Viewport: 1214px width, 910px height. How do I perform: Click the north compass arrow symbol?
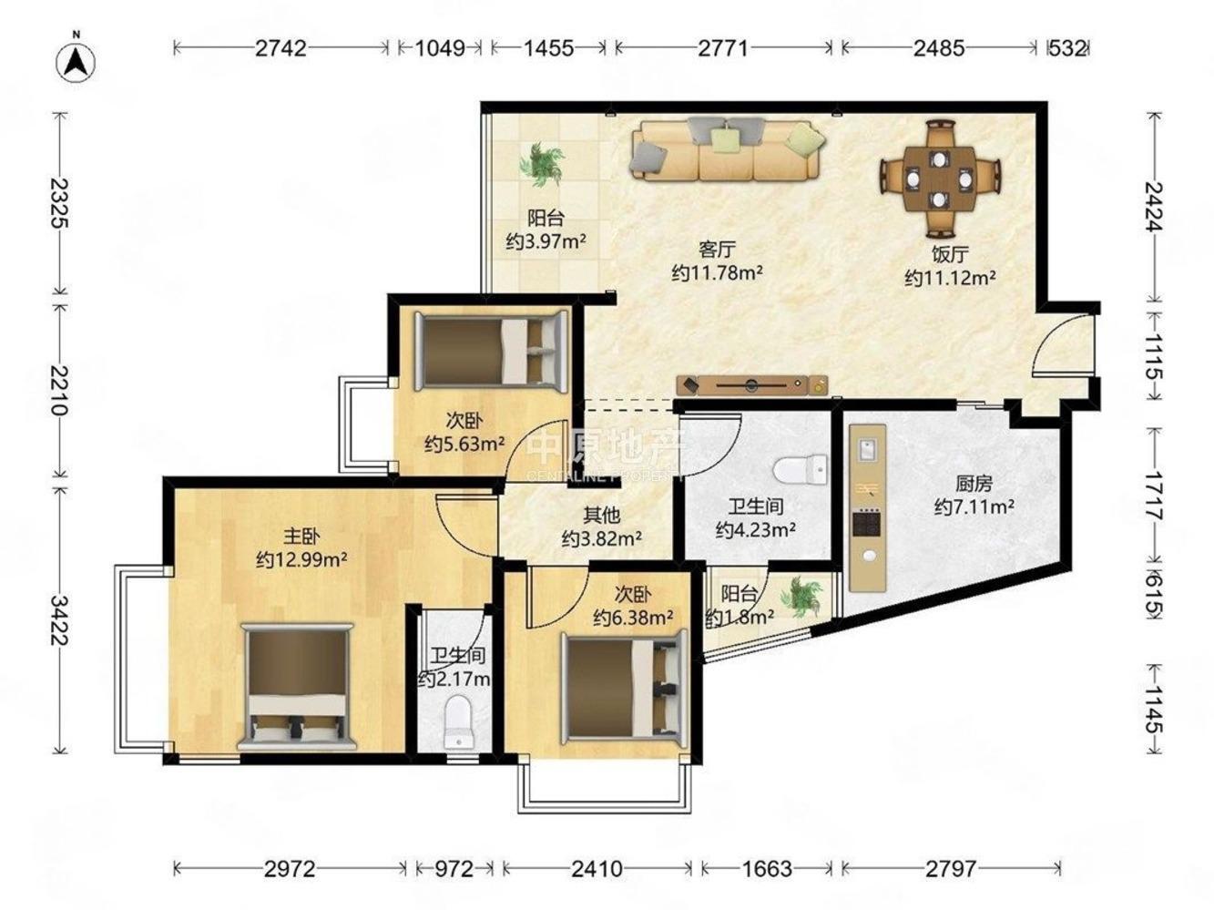(76, 63)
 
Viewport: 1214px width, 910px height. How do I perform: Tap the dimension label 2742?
(281, 48)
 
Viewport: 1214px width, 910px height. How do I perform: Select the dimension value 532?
(1066, 48)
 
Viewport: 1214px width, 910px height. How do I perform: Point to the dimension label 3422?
(59, 620)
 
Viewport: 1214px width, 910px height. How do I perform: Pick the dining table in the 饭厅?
(940, 179)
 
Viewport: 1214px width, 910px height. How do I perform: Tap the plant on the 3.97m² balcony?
(541, 164)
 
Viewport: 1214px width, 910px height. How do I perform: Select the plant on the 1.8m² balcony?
(800, 597)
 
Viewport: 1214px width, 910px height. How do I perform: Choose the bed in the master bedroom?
(298, 687)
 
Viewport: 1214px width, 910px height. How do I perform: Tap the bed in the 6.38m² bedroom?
(624, 688)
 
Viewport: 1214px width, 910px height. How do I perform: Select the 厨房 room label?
(974, 484)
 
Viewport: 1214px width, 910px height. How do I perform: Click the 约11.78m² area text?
(718, 272)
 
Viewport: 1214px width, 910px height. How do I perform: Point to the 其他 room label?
(601, 516)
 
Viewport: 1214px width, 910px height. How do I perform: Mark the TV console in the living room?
(752, 385)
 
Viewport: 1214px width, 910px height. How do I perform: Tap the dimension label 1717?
(1153, 496)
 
